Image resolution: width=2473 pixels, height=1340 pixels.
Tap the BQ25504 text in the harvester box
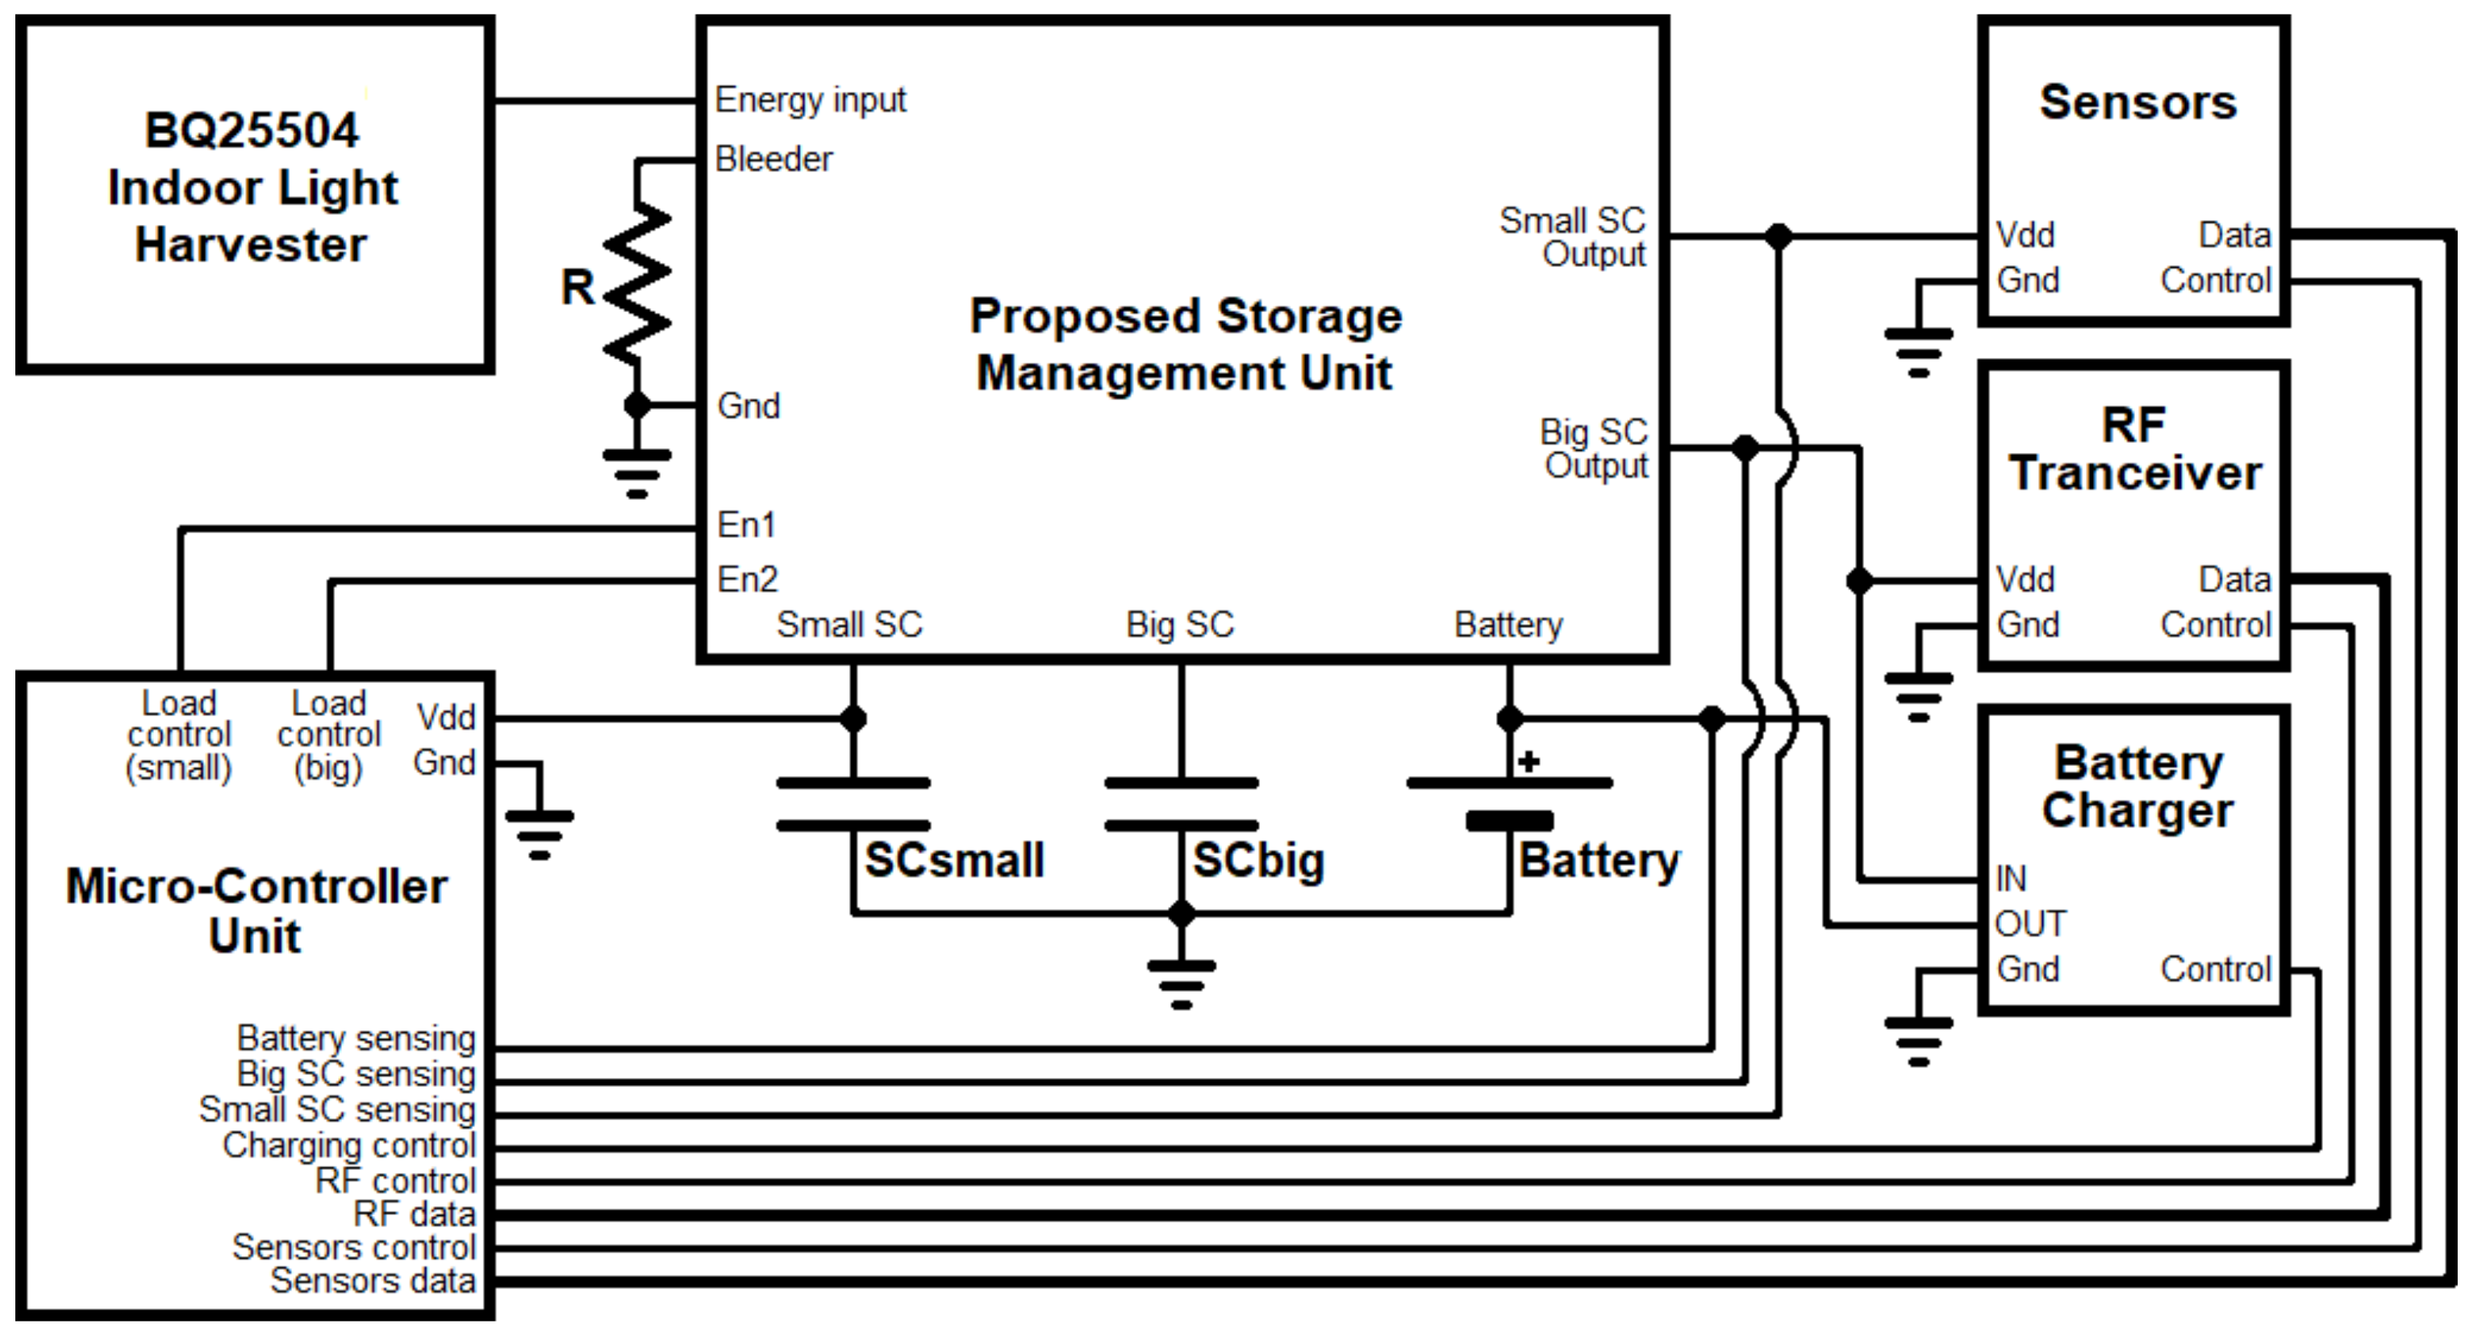[x=252, y=131]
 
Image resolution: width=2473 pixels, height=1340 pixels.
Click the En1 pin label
[x=746, y=525]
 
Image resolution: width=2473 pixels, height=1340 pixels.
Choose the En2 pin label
[x=747, y=580]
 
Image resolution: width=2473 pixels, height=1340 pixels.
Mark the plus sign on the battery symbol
[x=1529, y=762]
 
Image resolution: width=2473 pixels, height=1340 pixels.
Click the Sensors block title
[x=2137, y=102]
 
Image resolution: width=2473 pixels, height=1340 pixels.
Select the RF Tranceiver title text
[x=2135, y=449]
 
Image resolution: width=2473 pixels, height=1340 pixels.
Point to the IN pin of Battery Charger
[x=2010, y=878]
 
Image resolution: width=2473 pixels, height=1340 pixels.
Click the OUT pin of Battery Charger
[x=2029, y=923]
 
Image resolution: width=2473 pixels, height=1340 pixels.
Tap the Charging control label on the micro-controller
[x=348, y=1145]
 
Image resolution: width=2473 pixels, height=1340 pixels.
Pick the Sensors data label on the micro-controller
[x=373, y=1280]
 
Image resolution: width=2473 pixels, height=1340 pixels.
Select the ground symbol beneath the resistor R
[x=636, y=472]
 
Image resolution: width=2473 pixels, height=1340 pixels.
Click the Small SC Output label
[x=1574, y=237]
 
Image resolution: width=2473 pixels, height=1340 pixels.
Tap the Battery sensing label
[x=357, y=1038]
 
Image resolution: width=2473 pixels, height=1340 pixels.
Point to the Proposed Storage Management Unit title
[x=1185, y=343]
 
